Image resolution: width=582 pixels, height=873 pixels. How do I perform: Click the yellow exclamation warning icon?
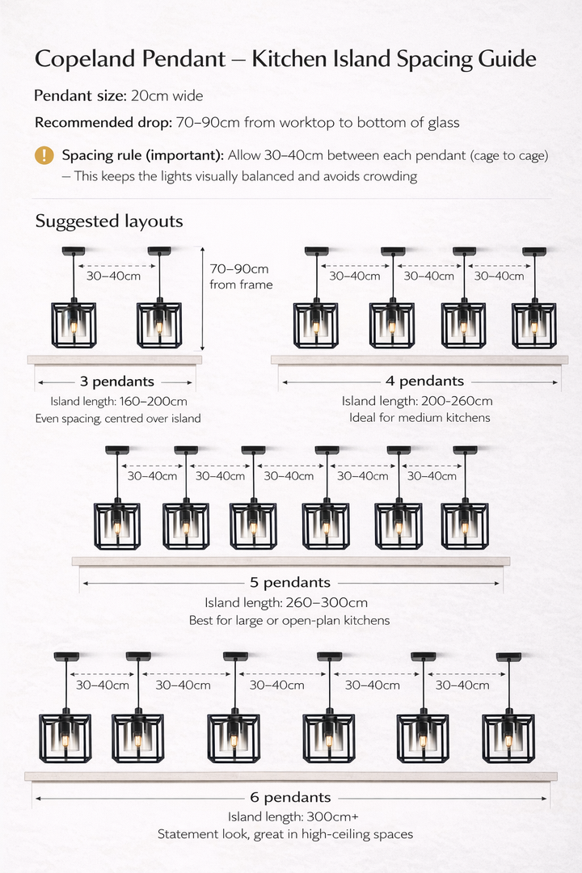tap(44, 155)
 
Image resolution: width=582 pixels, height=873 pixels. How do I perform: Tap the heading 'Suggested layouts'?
tap(109, 221)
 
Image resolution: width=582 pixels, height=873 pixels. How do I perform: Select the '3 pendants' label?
tap(116, 382)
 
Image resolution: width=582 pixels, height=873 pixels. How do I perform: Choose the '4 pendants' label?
tap(425, 382)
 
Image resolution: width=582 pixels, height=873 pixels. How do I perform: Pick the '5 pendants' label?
tap(291, 582)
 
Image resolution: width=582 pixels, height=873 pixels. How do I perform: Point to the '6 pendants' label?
tap(291, 798)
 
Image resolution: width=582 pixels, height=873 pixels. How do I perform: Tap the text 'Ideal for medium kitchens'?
tap(420, 418)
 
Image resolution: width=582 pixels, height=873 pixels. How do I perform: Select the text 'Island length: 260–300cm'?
tap(286, 602)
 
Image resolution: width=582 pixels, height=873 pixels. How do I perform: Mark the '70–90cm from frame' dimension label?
tap(240, 276)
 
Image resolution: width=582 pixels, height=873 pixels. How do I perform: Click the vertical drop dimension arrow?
tap(202, 299)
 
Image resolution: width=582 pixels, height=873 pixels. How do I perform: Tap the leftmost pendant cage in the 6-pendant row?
tap(65, 737)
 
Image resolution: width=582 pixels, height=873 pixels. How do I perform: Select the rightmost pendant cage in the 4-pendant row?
tap(533, 325)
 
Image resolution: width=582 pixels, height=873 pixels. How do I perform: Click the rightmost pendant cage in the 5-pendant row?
tap(465, 525)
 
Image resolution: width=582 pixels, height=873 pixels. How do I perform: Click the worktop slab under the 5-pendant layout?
tap(291, 561)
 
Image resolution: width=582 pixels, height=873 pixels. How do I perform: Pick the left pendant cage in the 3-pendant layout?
tap(74, 324)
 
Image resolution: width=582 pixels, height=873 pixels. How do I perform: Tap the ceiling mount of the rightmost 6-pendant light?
tap(508, 656)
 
